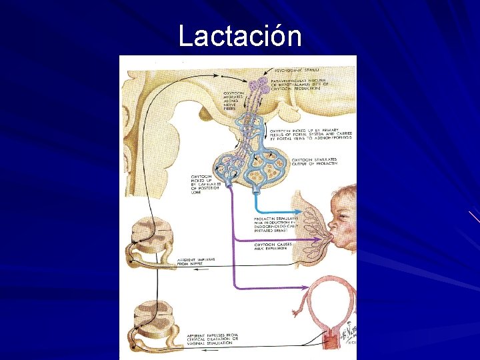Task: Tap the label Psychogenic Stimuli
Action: [297, 69]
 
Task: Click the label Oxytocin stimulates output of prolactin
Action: [314, 163]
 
